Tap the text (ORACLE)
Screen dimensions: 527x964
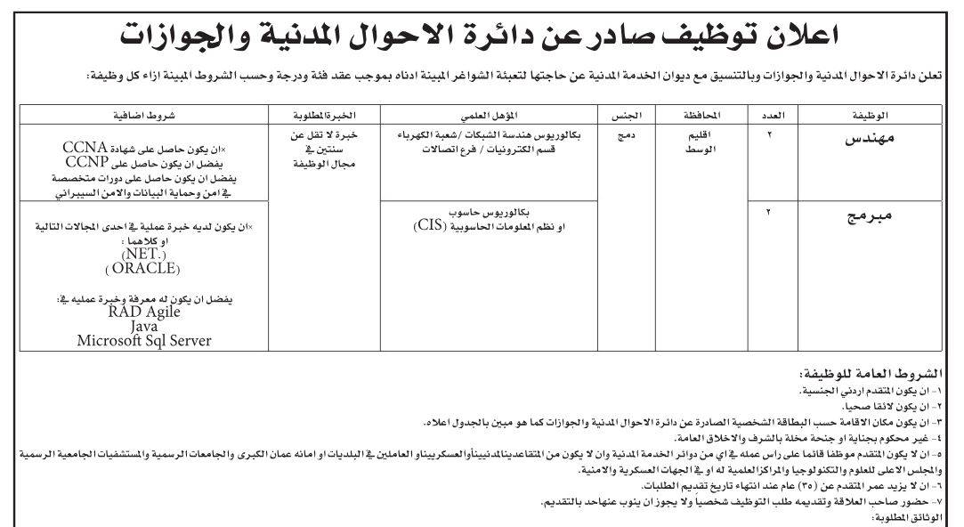[142, 268]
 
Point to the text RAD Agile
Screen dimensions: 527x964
[142, 312]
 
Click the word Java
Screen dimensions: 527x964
[142, 326]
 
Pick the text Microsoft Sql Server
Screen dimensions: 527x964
[143, 339]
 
